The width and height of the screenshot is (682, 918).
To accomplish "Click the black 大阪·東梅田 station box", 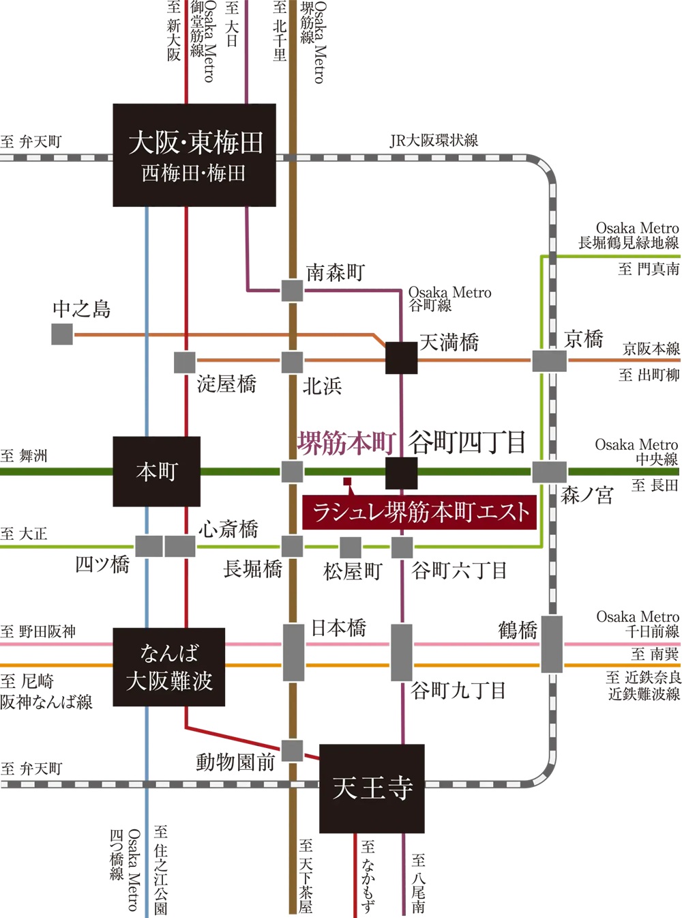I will click(194, 155).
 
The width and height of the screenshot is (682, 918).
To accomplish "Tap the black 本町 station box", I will click(157, 472).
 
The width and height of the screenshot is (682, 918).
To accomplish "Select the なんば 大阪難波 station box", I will click(169, 667).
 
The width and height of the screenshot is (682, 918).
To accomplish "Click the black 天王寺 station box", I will click(372, 788).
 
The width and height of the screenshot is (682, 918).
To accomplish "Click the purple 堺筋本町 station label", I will click(346, 443).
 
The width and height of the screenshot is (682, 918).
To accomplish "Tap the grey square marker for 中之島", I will click(62, 334).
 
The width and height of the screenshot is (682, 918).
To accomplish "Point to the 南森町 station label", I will click(336, 273).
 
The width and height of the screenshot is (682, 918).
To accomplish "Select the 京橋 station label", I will click(584, 339).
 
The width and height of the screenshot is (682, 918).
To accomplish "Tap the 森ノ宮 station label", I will click(587, 495).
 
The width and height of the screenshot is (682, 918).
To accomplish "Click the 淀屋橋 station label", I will click(226, 384).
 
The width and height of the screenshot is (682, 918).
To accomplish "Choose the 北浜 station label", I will click(322, 386).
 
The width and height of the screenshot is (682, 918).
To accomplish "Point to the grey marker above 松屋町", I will click(351, 547).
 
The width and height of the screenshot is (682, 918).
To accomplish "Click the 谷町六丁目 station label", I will click(459, 570).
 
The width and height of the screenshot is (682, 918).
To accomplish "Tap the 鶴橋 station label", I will click(518, 630).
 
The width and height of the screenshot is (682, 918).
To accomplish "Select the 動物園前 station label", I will click(235, 762).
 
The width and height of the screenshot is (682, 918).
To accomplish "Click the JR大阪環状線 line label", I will click(434, 141).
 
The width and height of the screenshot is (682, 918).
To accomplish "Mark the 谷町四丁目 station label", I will click(467, 443).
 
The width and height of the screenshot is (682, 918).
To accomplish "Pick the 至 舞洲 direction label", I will click(24, 456).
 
